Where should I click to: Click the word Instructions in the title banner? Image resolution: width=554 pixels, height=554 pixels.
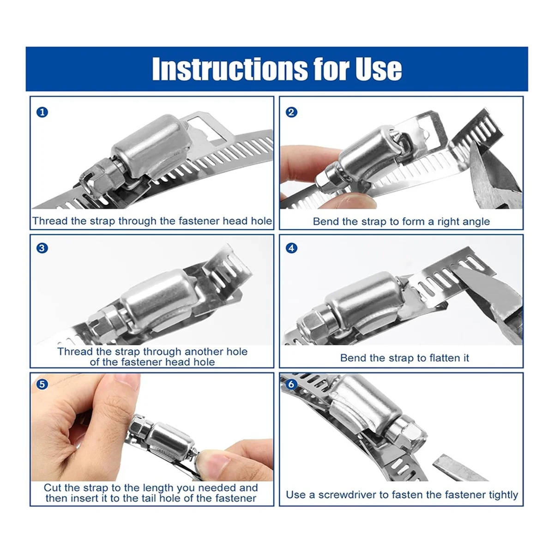point(229,69)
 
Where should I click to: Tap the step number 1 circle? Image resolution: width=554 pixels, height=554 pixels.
point(42,112)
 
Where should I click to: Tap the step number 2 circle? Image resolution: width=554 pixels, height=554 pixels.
point(291,112)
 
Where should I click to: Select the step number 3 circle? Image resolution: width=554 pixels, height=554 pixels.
point(42,248)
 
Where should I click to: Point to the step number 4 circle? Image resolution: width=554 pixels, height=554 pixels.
point(291,248)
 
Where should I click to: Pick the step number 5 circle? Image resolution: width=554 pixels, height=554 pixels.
point(42,384)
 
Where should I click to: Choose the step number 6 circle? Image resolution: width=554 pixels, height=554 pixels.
point(291,384)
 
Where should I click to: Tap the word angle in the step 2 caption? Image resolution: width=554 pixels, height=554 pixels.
point(476,222)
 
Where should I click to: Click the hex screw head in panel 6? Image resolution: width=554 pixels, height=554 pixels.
point(406,432)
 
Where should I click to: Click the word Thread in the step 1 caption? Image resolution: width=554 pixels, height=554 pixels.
point(50,221)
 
